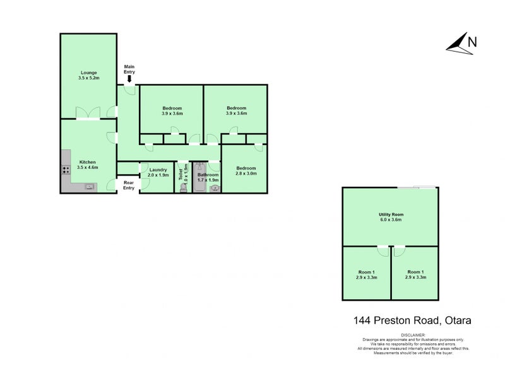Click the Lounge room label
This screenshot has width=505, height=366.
88,76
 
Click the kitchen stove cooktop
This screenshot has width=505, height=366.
65,169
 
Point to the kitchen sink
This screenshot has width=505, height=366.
89,186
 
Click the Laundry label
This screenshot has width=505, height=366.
158,172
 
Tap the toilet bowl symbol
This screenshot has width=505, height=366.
184,187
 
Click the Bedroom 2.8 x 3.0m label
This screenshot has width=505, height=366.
246,170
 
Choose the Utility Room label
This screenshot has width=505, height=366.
391,217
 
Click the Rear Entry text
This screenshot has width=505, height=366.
129,185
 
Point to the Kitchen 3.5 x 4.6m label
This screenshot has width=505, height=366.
88,165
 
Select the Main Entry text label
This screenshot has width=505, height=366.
129,68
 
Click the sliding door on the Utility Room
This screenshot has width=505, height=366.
416,187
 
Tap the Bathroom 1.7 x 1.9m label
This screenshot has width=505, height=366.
208,177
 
